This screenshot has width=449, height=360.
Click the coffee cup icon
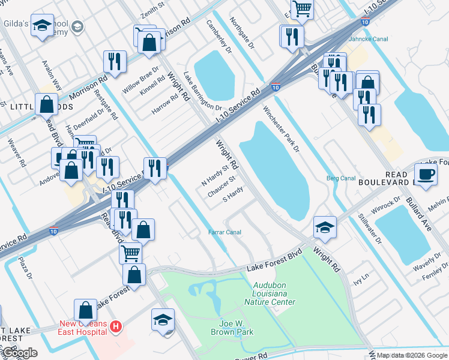click(x=426, y=175)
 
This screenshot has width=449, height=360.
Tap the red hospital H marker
click(x=117, y=327)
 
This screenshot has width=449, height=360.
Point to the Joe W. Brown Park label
click(x=232, y=327)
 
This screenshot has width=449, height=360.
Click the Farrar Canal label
click(x=224, y=232)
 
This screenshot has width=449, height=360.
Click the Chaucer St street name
click(x=221, y=179)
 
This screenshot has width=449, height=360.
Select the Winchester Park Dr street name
click(x=280, y=128)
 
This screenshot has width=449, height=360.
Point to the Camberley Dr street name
click(x=219, y=37)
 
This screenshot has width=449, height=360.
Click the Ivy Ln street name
click(x=360, y=280)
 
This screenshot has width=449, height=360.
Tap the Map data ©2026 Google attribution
click(x=411, y=355)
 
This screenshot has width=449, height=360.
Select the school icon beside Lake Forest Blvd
click(x=325, y=226)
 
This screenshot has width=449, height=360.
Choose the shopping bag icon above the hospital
click(x=86, y=310)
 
